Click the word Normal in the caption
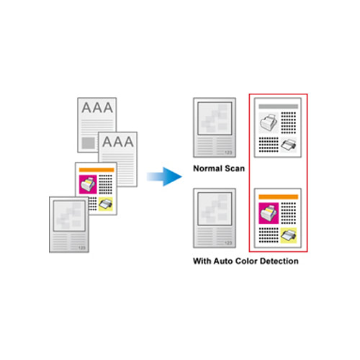207,168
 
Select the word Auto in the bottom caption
223,261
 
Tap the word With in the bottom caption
202,261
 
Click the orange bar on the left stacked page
96,170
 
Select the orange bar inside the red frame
279,197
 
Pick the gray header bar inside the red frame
279,107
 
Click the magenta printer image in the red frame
269,213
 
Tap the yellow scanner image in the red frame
289,235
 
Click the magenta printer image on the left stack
88,184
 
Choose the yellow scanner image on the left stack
106,204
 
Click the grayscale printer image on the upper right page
269,122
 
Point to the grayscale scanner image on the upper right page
289,145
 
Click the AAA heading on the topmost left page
97,107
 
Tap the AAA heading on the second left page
118,142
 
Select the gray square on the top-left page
89,143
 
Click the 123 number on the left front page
81,248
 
